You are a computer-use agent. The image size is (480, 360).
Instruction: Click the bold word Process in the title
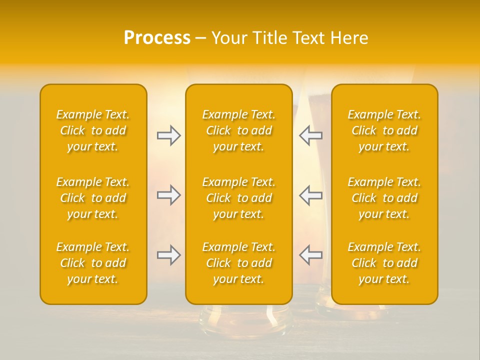(157, 38)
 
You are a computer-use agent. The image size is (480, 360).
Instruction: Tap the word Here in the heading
(349, 38)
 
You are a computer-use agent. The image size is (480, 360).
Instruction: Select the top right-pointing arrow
(168, 135)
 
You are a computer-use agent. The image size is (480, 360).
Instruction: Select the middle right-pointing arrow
(168, 195)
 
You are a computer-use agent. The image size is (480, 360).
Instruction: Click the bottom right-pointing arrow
(168, 255)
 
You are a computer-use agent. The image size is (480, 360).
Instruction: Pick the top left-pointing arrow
(311, 135)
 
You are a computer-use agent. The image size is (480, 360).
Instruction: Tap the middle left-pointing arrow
(311, 195)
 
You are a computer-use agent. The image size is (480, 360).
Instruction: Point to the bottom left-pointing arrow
(311, 255)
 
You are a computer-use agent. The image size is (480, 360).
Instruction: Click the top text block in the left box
(93, 130)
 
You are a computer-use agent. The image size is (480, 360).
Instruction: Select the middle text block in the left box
(93, 198)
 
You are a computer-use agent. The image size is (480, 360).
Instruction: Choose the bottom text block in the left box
(93, 263)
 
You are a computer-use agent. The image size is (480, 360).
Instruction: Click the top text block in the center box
(238, 130)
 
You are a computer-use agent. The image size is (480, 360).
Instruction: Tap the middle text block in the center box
(238, 198)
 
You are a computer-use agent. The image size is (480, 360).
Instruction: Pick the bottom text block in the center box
(238, 263)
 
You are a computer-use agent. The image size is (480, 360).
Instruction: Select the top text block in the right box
(384, 130)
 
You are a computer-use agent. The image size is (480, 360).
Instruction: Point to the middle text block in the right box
(384, 198)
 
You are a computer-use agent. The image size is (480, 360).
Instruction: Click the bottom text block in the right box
(384, 263)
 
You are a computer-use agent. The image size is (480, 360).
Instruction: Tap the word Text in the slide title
(308, 38)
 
